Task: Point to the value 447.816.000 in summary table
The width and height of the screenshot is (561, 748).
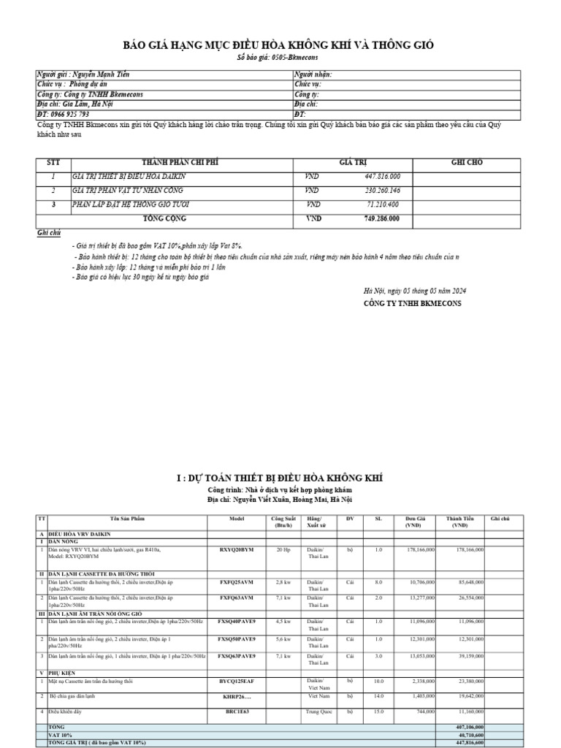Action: click(x=387, y=177)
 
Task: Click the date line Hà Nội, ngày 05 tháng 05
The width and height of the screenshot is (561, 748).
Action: click(x=415, y=291)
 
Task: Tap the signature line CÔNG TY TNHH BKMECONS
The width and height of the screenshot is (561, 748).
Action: click(x=413, y=302)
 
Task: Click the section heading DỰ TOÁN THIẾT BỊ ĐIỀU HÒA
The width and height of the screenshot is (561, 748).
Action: click(x=279, y=478)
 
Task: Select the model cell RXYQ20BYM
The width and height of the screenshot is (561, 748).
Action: click(x=237, y=549)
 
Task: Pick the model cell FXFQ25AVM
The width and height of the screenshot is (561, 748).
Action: click(x=237, y=582)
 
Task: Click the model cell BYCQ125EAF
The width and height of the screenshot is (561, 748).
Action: click(x=237, y=681)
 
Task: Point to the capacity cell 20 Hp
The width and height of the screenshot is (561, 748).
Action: click(x=283, y=549)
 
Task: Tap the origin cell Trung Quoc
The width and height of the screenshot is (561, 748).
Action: click(x=318, y=711)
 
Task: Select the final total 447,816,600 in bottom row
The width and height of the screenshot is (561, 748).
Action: click(x=470, y=742)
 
